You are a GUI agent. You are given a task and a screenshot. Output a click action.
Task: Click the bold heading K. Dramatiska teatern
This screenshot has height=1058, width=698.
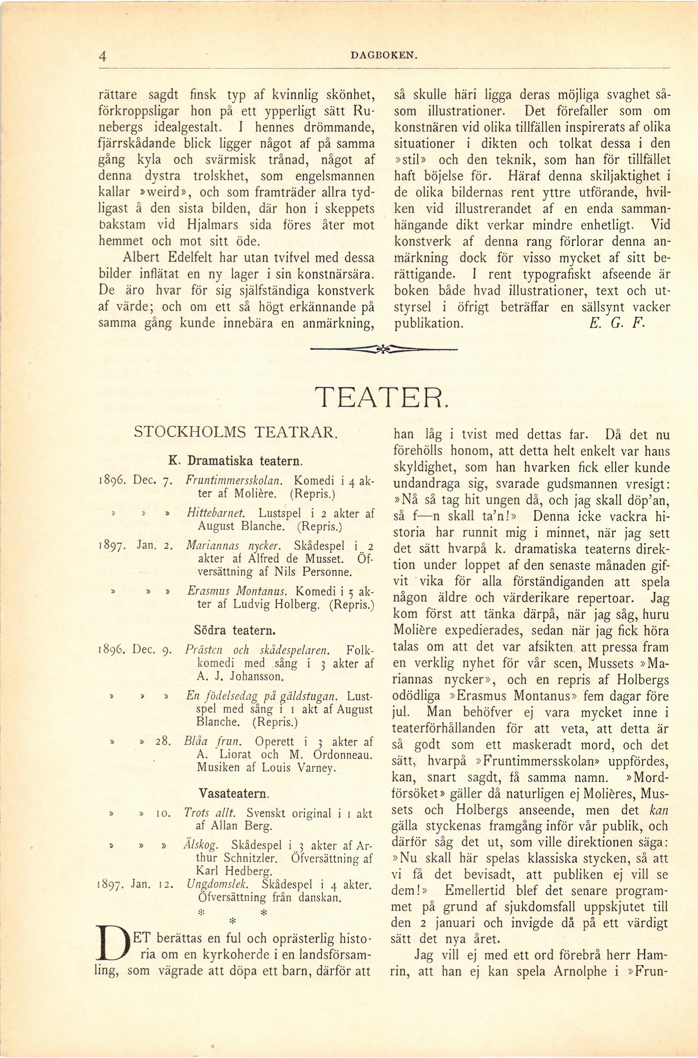coord(236,460)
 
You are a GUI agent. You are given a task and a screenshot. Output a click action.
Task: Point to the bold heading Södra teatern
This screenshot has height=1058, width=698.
coord(235,630)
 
